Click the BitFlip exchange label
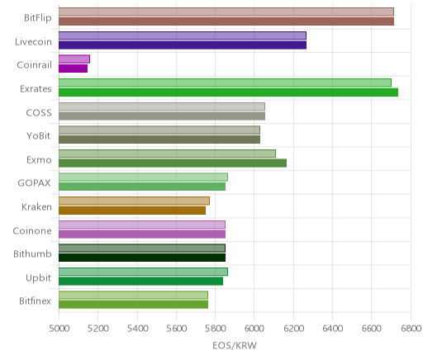(38, 18)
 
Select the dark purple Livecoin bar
(183, 45)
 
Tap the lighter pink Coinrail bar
(74, 59)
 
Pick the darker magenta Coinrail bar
(73, 69)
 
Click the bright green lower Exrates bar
(228, 92)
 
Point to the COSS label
(39, 112)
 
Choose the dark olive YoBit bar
(159, 140)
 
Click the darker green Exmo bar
(173, 163)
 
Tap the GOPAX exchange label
(34, 183)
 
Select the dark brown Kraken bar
(132, 211)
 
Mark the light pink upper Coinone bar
(142, 225)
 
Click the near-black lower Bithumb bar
(142, 258)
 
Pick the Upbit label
(38, 278)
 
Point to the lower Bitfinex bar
(133, 305)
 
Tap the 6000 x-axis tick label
(254, 329)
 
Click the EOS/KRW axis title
(235, 345)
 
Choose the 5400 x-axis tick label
(137, 329)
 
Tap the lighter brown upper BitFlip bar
(226, 12)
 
